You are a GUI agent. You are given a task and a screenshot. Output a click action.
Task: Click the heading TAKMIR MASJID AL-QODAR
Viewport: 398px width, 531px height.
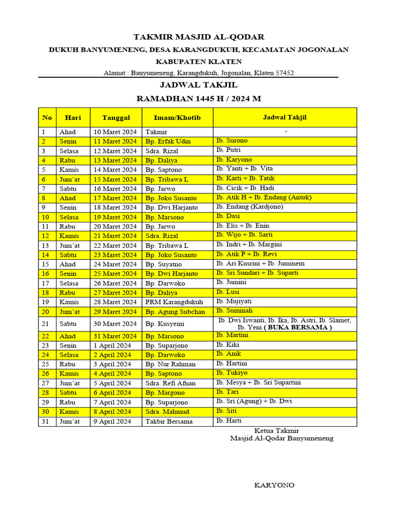(199, 37)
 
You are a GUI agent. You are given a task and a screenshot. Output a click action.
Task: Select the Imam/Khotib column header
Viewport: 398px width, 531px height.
(177, 118)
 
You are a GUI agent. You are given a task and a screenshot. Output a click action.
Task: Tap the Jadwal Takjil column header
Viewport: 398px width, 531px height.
(285, 117)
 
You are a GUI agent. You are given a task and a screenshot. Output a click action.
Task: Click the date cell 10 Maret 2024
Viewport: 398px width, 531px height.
(115, 132)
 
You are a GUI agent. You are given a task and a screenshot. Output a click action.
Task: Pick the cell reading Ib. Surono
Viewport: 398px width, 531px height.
(232, 141)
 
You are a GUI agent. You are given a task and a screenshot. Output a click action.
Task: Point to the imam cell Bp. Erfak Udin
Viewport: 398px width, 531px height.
(168, 142)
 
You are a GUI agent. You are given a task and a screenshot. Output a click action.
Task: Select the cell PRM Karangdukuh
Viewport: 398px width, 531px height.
(174, 302)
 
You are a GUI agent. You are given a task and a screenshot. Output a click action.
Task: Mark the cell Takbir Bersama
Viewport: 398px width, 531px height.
(169, 421)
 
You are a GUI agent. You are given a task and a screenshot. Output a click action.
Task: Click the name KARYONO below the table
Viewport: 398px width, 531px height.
(274, 485)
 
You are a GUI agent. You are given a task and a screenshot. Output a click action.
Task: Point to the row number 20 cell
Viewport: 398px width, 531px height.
(46, 312)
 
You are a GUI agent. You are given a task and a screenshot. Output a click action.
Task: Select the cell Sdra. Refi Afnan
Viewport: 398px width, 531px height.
(170, 383)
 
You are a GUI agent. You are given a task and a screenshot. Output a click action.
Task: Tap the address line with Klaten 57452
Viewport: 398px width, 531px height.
(199, 73)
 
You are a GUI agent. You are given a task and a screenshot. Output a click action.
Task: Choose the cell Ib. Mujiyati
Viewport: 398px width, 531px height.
(234, 301)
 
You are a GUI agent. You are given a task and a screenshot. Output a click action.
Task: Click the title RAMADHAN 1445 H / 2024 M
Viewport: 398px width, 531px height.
(199, 98)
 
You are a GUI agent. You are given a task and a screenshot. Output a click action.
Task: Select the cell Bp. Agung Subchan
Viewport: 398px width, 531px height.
(175, 312)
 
